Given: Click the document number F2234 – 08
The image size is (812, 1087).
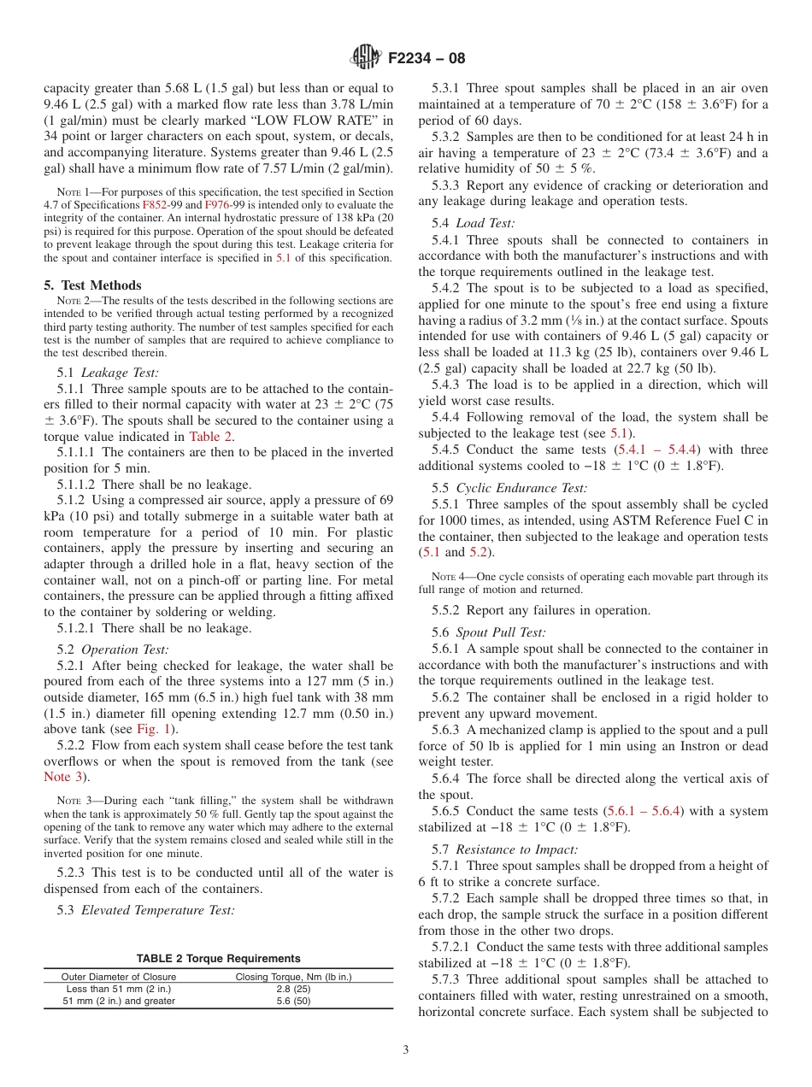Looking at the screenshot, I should [x=427, y=59].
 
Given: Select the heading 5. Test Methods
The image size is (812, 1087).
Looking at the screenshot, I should [x=92, y=285].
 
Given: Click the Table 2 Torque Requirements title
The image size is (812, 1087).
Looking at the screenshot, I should [x=219, y=959].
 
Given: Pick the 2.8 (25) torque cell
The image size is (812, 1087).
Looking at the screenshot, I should [x=293, y=989].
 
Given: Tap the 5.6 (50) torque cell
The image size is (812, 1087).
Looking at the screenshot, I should [x=293, y=1002].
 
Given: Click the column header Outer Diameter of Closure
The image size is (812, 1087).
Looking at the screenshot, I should [x=116, y=976].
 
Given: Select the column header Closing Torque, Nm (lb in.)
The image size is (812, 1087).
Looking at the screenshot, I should [x=293, y=976].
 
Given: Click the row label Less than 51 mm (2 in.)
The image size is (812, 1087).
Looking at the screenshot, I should [x=118, y=989].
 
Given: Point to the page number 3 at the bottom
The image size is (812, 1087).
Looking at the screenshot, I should [x=406, y=1050].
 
